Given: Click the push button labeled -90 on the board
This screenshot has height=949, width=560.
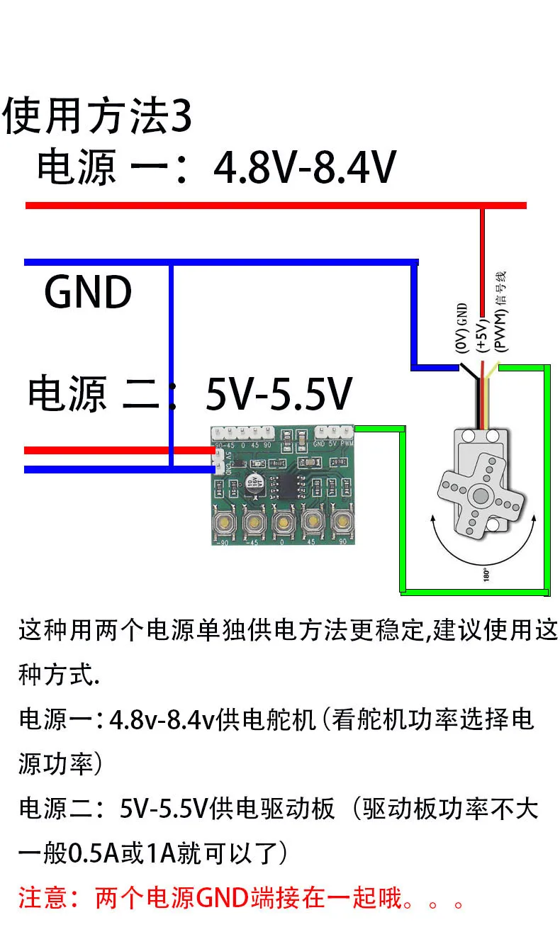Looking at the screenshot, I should (225, 523).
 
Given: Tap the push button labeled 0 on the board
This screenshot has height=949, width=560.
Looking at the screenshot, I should (283, 523).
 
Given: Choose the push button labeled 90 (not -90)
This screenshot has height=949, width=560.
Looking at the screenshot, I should (342, 523).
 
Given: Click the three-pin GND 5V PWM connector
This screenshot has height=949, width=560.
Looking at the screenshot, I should (333, 432).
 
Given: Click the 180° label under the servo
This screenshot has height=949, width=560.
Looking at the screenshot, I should (486, 573).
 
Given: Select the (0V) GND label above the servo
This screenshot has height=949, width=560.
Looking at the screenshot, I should (462, 328).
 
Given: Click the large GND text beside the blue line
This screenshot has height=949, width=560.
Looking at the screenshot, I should (88, 292).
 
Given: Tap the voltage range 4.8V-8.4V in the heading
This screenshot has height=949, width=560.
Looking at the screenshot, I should (305, 168).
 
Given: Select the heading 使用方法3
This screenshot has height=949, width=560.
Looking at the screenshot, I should (98, 117).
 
